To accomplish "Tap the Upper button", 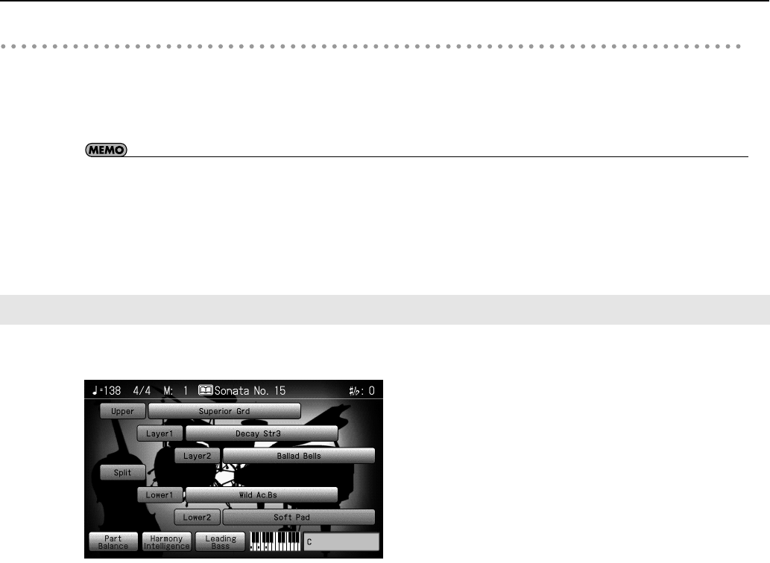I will pos(123,411).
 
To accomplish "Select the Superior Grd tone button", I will pos(224,411).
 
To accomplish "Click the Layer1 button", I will pos(160,433).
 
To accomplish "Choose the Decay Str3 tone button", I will pos(262,433).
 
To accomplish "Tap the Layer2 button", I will pos(198,455).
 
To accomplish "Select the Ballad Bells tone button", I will pos(299,455).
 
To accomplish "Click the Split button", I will pos(123,472).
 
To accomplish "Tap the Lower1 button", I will pos(160,494).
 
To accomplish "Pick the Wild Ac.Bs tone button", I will pos(262,494).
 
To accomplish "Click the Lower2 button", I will pos(198,516).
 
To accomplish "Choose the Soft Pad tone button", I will pos(299,516).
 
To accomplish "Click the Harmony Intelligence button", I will pos(167,541).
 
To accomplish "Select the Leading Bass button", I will pos(221,541).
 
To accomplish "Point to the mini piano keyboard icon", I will pos(275,541).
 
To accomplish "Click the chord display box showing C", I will pos(341,541).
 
